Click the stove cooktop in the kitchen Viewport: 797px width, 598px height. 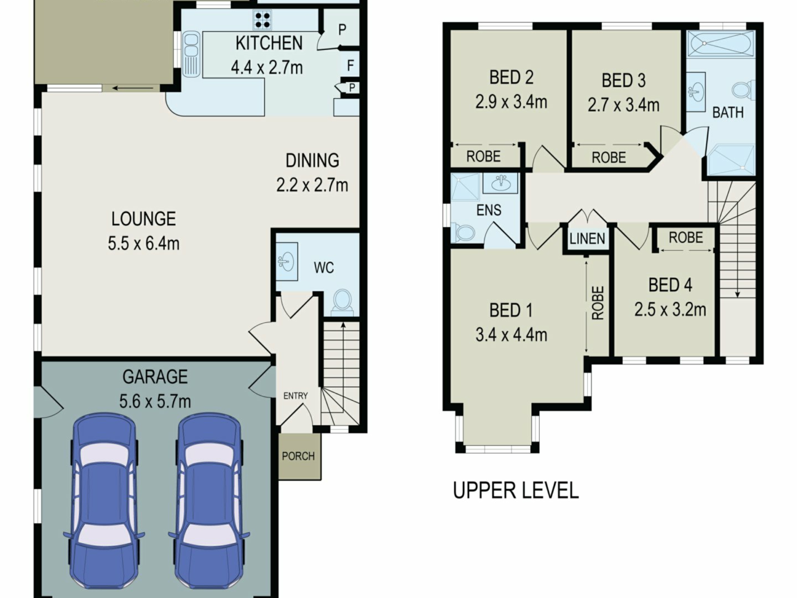262,20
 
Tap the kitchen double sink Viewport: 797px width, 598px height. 191,54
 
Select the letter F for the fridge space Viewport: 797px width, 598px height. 350,65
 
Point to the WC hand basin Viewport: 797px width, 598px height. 286,262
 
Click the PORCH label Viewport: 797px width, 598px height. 298,456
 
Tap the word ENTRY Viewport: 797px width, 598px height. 296,396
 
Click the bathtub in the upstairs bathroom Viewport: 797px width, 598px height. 721,43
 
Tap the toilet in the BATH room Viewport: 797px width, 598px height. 743,91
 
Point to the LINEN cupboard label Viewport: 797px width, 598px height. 587,238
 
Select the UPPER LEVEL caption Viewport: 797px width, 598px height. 516,490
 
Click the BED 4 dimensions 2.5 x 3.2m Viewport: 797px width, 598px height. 670,309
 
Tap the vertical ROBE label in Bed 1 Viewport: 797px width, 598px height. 598,303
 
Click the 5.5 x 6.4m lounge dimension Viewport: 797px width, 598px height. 144,243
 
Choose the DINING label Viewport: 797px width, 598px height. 312,160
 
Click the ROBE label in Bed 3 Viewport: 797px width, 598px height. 609,157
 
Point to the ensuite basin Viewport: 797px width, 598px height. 501,183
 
